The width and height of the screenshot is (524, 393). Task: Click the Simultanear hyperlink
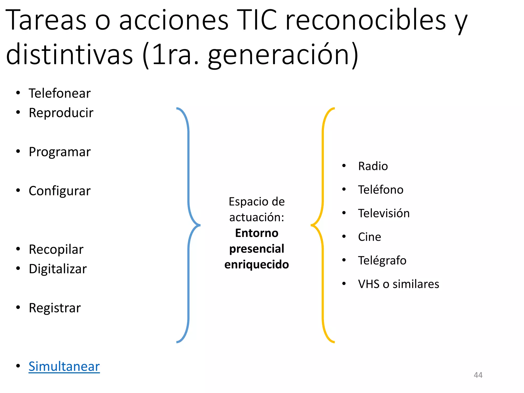click(64, 366)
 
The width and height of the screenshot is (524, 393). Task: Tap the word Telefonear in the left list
click(60, 93)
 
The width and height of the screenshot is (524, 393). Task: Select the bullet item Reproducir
click(61, 113)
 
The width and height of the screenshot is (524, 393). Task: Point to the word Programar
click(60, 152)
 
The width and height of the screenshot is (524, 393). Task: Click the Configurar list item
click(60, 191)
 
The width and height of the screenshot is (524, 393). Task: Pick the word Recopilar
click(56, 249)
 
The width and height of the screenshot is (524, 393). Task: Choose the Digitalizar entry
click(58, 269)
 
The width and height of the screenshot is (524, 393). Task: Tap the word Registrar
click(55, 308)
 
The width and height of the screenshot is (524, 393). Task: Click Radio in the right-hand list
click(373, 166)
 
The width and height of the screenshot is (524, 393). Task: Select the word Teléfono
click(381, 190)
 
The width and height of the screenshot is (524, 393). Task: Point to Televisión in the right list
click(384, 213)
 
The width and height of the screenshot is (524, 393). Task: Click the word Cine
click(369, 237)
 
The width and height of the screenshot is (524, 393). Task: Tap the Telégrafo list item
click(382, 260)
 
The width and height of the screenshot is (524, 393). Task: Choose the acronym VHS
click(369, 284)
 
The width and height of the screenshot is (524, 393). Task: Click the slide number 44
click(478, 375)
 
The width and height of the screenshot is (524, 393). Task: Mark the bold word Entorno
click(257, 233)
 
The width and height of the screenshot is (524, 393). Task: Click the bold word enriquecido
click(257, 265)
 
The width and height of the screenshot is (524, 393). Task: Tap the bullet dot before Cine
click(344, 236)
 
